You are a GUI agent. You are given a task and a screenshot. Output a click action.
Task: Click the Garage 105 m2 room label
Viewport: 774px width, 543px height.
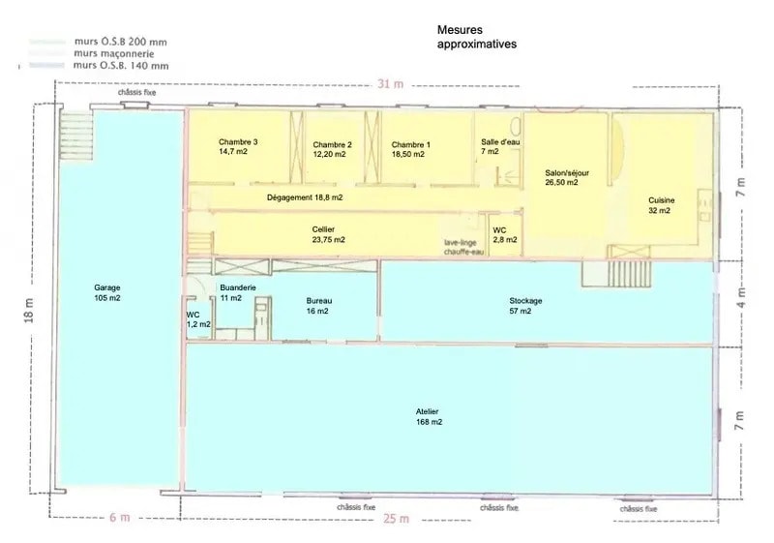(107, 293)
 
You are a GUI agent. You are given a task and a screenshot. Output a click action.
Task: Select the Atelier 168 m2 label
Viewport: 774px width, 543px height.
(429, 417)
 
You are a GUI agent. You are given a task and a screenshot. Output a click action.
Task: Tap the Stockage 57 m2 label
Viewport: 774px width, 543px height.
(525, 306)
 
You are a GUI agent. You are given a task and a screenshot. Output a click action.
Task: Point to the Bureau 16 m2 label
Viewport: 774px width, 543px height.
(317, 306)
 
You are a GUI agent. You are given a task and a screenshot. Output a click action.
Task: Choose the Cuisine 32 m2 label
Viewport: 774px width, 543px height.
(662, 205)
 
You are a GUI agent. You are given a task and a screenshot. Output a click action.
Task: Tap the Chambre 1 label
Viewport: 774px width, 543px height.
(411, 148)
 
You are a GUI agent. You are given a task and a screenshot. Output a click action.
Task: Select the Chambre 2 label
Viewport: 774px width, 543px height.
(332, 148)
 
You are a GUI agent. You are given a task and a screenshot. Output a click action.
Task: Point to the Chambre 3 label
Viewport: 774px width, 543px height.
(238, 146)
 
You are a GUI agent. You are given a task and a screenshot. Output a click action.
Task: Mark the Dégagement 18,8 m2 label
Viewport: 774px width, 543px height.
(305, 196)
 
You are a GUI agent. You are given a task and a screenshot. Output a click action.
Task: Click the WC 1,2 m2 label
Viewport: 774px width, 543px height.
(197, 319)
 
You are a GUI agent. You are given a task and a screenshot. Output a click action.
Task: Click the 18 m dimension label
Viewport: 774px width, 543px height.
(29, 309)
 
